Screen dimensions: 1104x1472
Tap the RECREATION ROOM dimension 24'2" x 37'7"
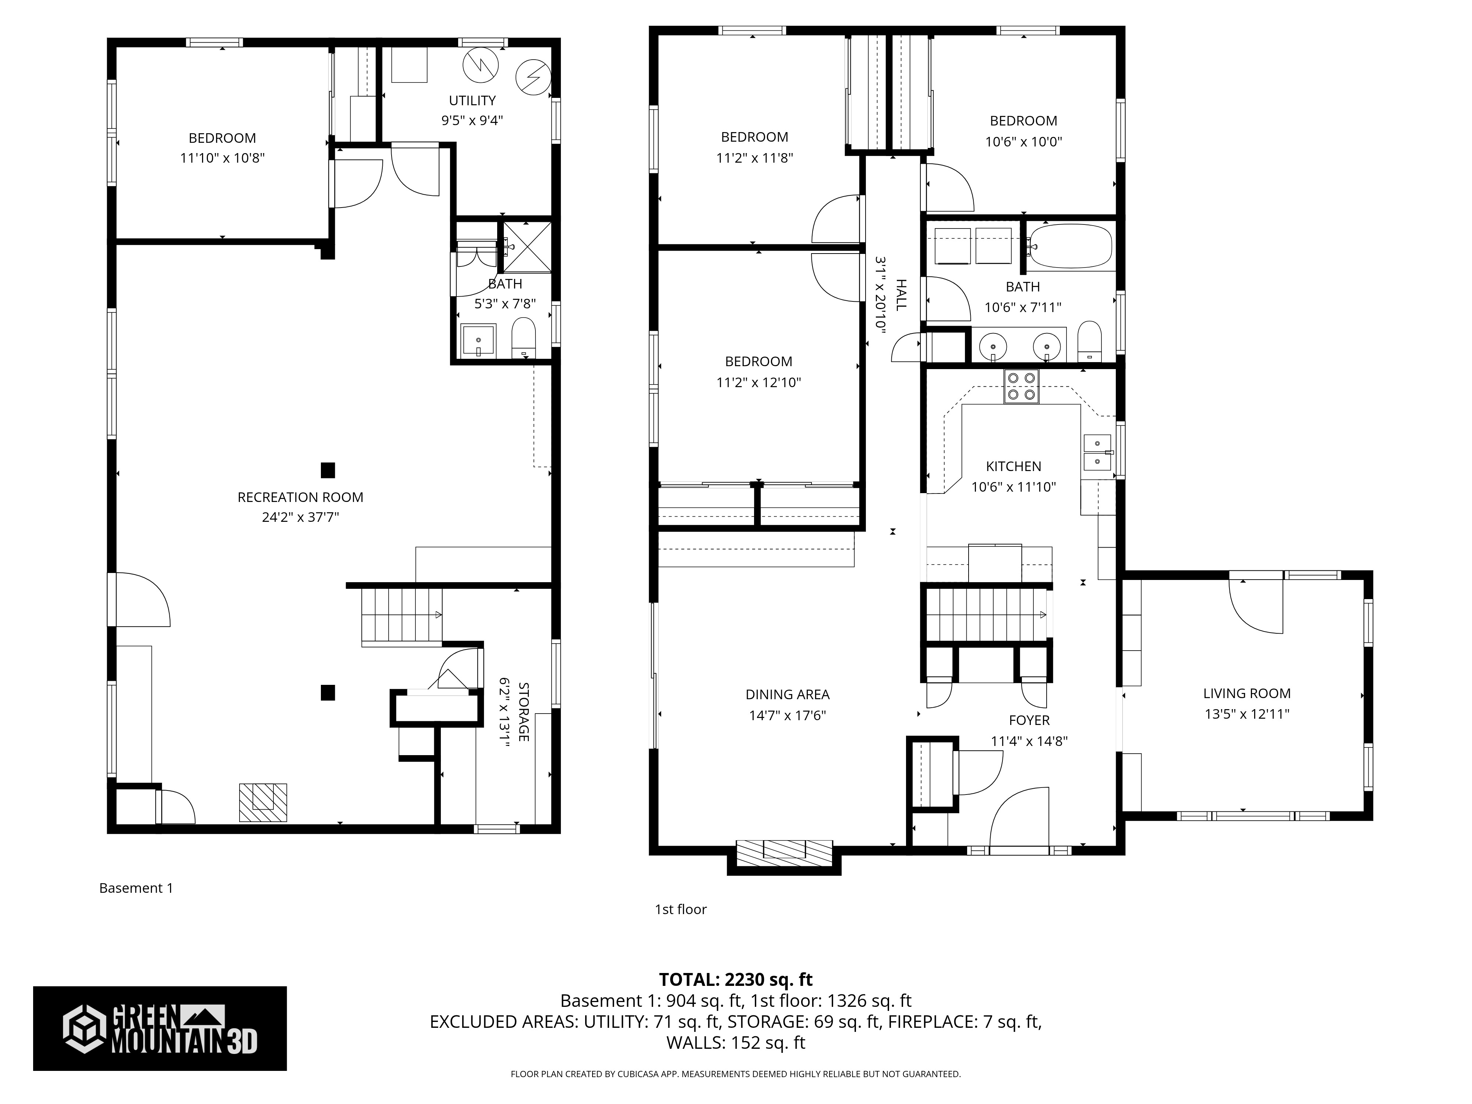pos(300,517)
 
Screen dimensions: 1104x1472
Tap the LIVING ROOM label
pos(1246,693)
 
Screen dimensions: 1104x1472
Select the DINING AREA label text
pos(787,695)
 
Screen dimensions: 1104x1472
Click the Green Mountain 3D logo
pos(160,1028)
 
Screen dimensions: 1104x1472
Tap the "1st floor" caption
pos(680,909)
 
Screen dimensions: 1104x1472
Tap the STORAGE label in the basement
pos(524,711)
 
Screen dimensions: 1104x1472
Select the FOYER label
pos(1029,720)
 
